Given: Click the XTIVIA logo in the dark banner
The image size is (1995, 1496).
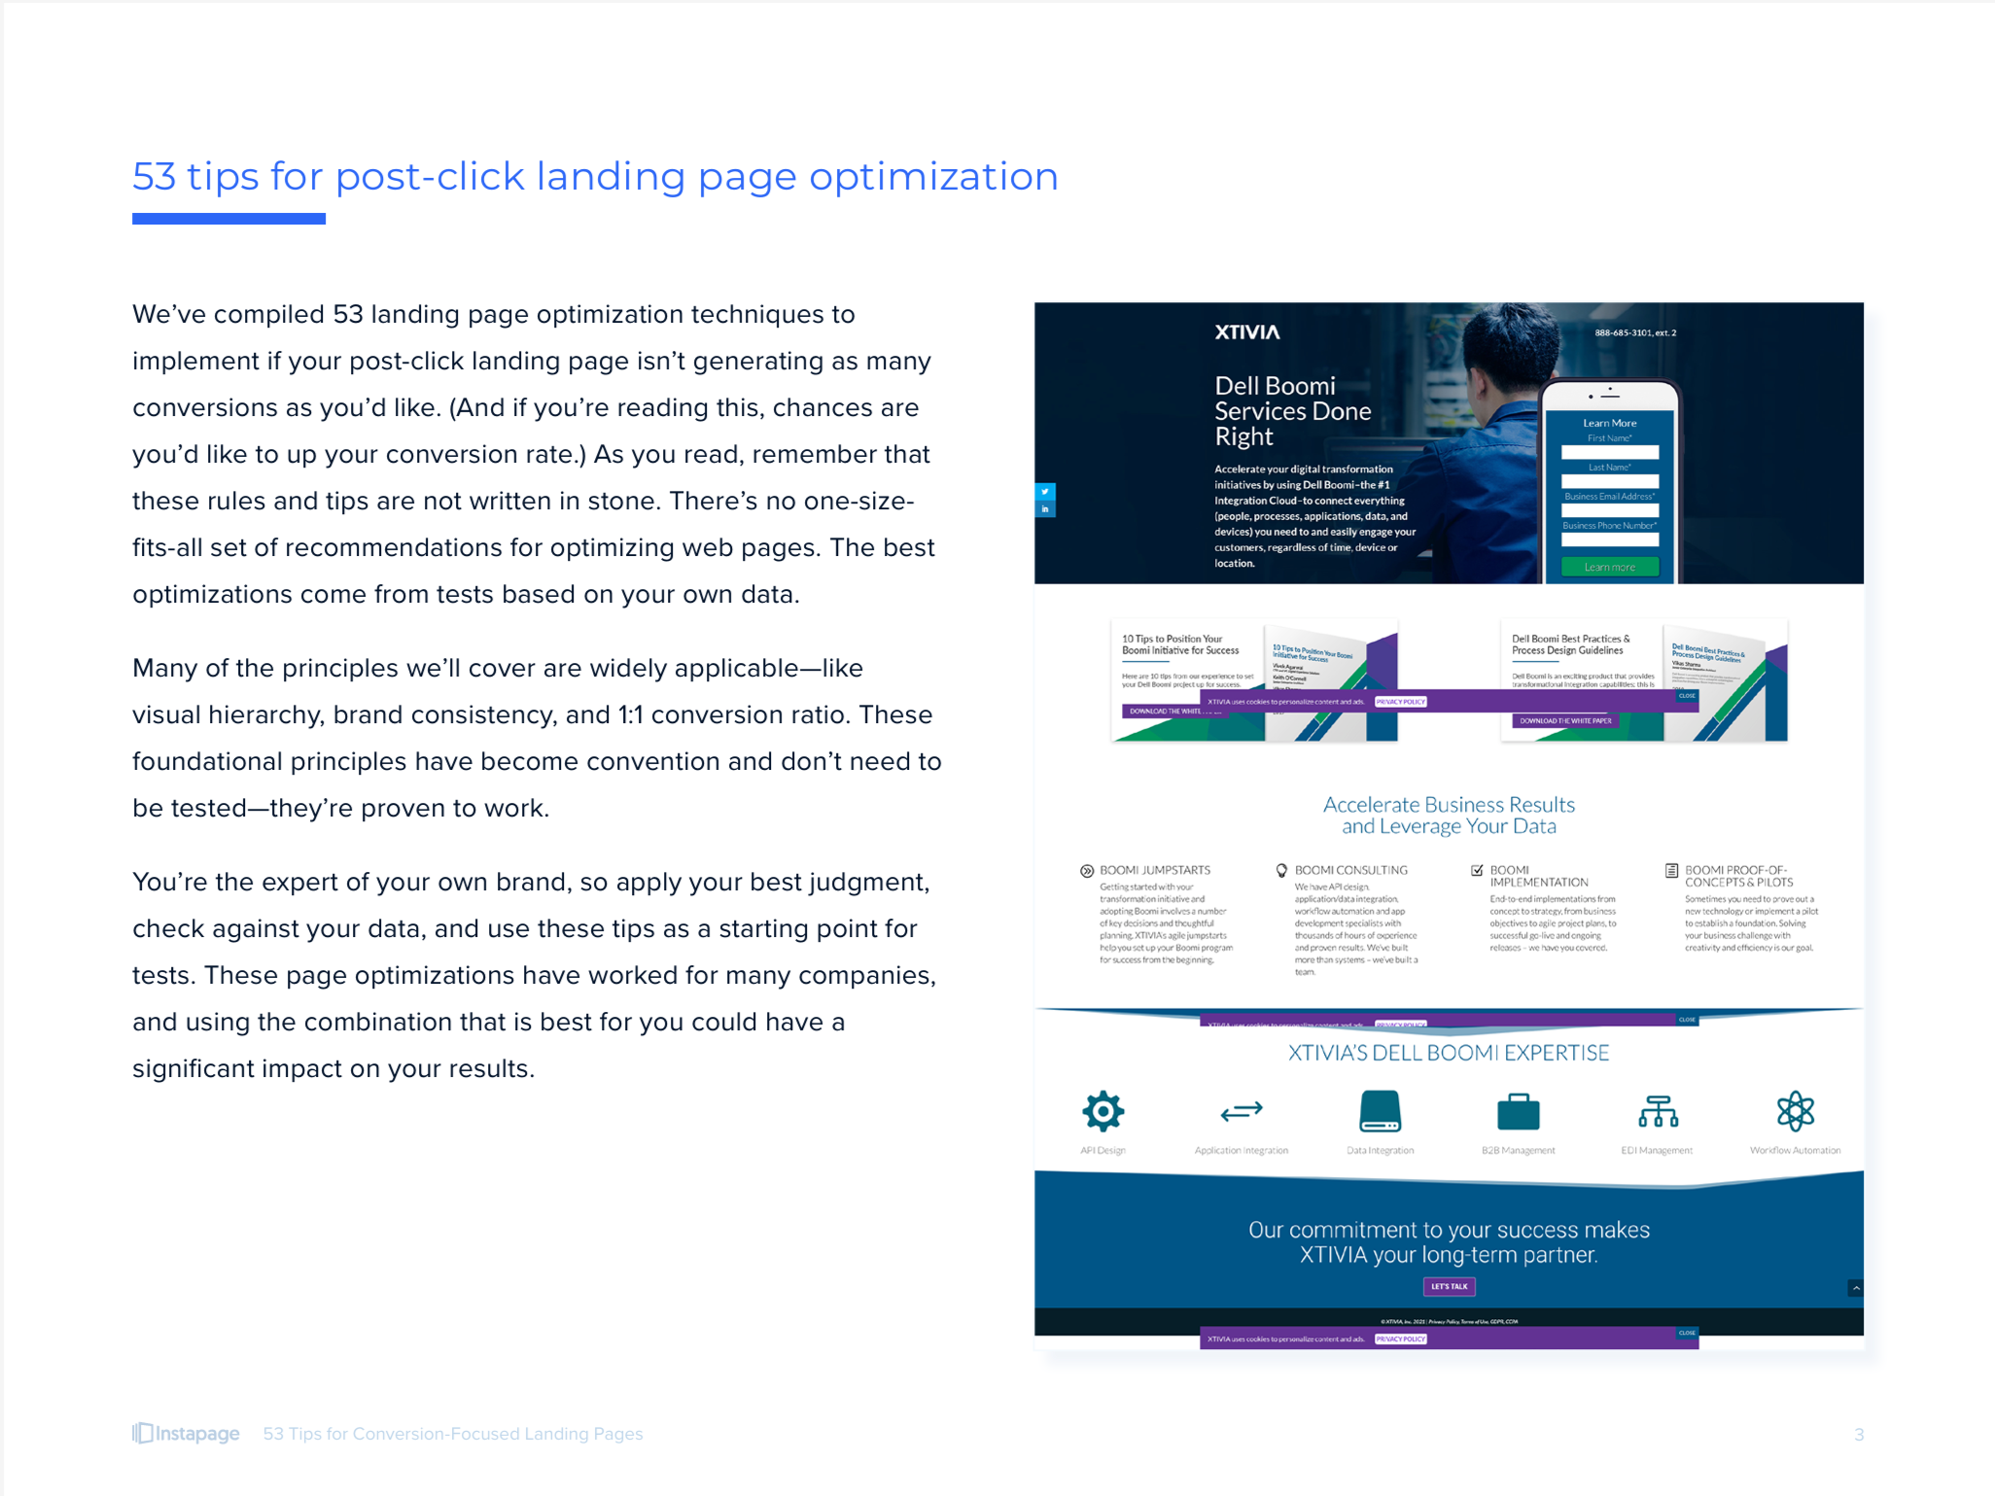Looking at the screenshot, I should click(1247, 332).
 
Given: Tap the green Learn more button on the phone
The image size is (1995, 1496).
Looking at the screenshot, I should click(1609, 567).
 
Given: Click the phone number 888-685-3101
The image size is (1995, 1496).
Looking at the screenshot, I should click(1634, 332).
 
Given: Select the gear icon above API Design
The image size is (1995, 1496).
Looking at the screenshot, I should click(1102, 1111).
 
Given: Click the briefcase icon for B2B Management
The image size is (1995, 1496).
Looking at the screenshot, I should click(1518, 1112).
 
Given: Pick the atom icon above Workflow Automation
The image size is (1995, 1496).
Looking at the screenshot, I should click(1795, 1111).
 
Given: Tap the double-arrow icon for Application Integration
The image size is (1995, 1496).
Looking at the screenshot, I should click(1242, 1111).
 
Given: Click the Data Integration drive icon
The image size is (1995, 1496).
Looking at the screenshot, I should click(1380, 1111).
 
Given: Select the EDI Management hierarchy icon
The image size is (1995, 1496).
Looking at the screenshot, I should click(1658, 1111).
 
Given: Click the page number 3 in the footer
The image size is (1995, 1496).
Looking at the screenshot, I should click(1858, 1435).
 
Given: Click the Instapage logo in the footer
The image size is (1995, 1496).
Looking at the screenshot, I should click(187, 1434).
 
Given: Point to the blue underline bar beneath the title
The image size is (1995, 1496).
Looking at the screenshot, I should click(228, 219).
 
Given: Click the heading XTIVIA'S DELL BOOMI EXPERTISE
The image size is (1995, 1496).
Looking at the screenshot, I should click(1448, 1053).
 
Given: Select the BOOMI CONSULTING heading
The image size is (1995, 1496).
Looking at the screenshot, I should click(1350, 870).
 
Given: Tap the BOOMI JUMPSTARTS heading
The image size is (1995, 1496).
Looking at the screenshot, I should click(1154, 870).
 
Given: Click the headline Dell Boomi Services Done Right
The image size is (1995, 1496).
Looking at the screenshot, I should click(1292, 411).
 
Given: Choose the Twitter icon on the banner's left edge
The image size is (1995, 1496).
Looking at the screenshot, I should click(1045, 491).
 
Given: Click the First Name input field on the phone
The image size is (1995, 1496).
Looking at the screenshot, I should click(1609, 452).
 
